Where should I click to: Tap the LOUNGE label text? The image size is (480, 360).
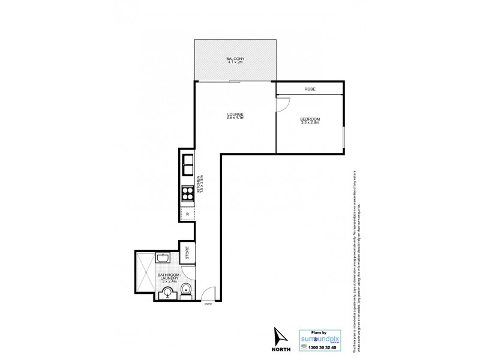coord(235,115)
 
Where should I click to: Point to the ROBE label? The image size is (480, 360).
coord(310,89)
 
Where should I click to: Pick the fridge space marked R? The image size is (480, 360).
coord(187,214)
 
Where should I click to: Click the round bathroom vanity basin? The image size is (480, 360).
coord(167,293)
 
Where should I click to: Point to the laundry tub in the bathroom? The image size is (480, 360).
coord(163,259)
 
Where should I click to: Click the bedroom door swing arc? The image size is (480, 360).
coord(281,103)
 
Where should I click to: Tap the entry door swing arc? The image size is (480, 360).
coord(206,295)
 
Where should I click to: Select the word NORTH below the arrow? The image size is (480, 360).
coord(280,350)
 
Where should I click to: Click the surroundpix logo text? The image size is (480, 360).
coord(324,338)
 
